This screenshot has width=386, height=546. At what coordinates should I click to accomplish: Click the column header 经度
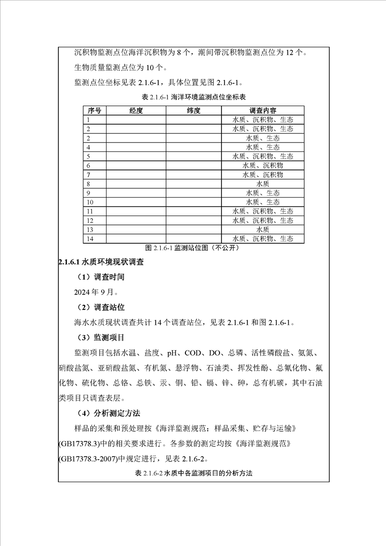(x=136, y=110)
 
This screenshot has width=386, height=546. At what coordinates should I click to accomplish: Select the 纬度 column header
(x=193, y=110)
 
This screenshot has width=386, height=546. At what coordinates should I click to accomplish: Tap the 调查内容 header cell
(x=263, y=110)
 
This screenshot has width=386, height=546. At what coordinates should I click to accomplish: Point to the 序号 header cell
(x=94, y=110)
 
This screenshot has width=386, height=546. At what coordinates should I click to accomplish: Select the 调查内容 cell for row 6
(x=263, y=165)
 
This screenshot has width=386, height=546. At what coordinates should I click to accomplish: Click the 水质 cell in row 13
(x=263, y=230)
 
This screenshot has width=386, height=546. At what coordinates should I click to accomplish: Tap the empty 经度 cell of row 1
(x=136, y=120)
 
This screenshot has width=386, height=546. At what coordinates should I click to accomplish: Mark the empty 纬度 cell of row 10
(x=193, y=202)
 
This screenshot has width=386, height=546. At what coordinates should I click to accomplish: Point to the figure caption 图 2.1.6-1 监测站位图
(x=193, y=248)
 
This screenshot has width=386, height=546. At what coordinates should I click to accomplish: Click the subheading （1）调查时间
(x=101, y=277)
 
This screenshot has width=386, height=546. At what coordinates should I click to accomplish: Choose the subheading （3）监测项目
(x=101, y=337)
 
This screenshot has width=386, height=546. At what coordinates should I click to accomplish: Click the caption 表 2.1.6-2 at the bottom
(x=193, y=473)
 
